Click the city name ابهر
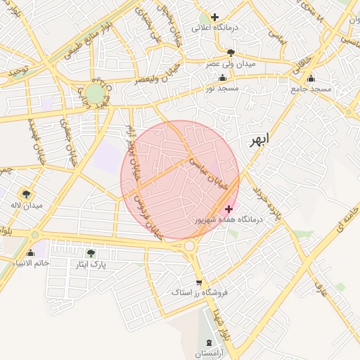click(259, 139)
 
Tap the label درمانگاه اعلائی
click(237, 27)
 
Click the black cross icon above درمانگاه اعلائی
click(214, 17)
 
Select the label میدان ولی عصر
click(231, 63)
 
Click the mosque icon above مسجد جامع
click(311, 78)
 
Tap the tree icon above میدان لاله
click(27, 194)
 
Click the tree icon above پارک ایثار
click(90, 253)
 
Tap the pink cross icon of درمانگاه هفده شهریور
click(229, 209)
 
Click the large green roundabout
click(95, 94)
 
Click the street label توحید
click(15, 72)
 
